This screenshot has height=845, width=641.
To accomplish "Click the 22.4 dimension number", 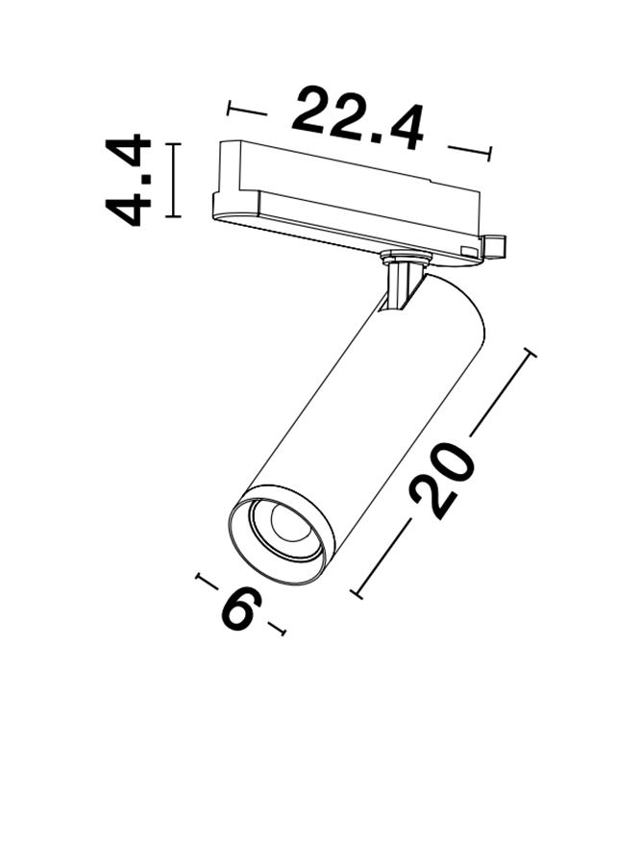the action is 357,119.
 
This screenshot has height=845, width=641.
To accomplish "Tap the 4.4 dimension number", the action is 128,181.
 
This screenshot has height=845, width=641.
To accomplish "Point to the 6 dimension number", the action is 240,608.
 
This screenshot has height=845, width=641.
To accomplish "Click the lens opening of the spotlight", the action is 280,534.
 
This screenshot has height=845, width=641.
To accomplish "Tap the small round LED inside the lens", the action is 287,523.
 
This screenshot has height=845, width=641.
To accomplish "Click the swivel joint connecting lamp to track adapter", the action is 403,282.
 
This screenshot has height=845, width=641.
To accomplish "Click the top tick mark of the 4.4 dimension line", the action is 172,144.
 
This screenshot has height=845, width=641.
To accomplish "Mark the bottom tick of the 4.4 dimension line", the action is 172,216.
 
